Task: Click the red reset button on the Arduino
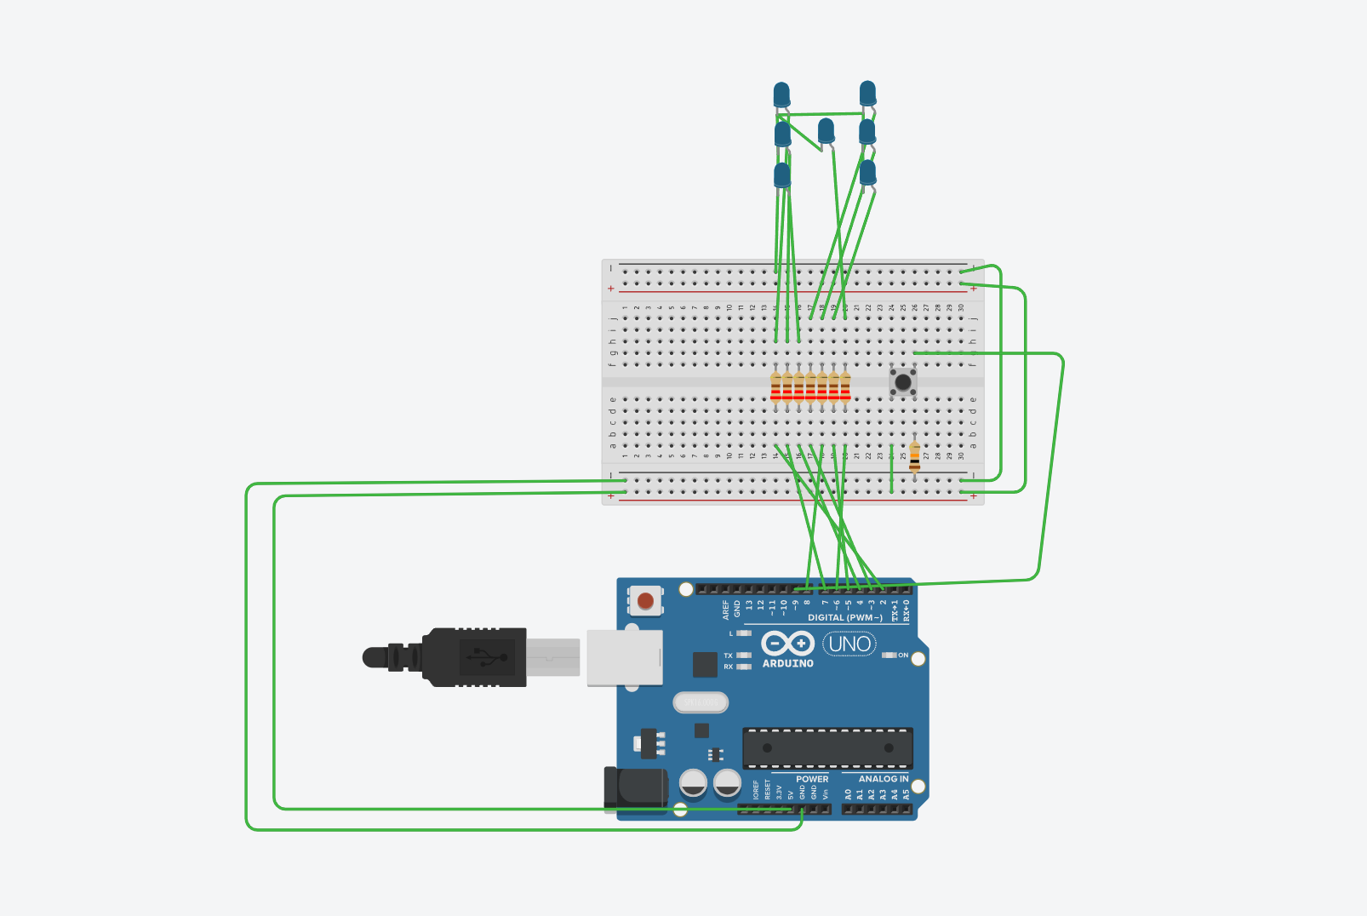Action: pyautogui.click(x=645, y=601)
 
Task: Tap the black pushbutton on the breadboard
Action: pyautogui.click(x=902, y=382)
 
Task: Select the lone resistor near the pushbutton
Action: pyautogui.click(x=914, y=456)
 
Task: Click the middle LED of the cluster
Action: pyautogui.click(x=826, y=131)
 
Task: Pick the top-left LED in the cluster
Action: pyautogui.click(x=781, y=94)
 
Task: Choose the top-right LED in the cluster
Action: pyautogui.click(x=867, y=93)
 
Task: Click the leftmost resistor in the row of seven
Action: pyautogui.click(x=775, y=386)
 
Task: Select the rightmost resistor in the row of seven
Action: pyautogui.click(x=845, y=386)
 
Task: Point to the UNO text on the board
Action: pyautogui.click(x=849, y=644)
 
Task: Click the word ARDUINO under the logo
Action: pyautogui.click(x=787, y=663)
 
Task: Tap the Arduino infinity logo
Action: pyautogui.click(x=787, y=644)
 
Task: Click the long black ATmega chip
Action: pyautogui.click(x=827, y=748)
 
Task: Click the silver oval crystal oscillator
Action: pyautogui.click(x=701, y=702)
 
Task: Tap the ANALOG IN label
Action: pyautogui.click(x=883, y=779)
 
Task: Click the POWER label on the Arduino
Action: pyautogui.click(x=812, y=779)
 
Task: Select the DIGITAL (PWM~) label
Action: pyautogui.click(x=844, y=618)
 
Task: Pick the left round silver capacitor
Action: pyautogui.click(x=694, y=782)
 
